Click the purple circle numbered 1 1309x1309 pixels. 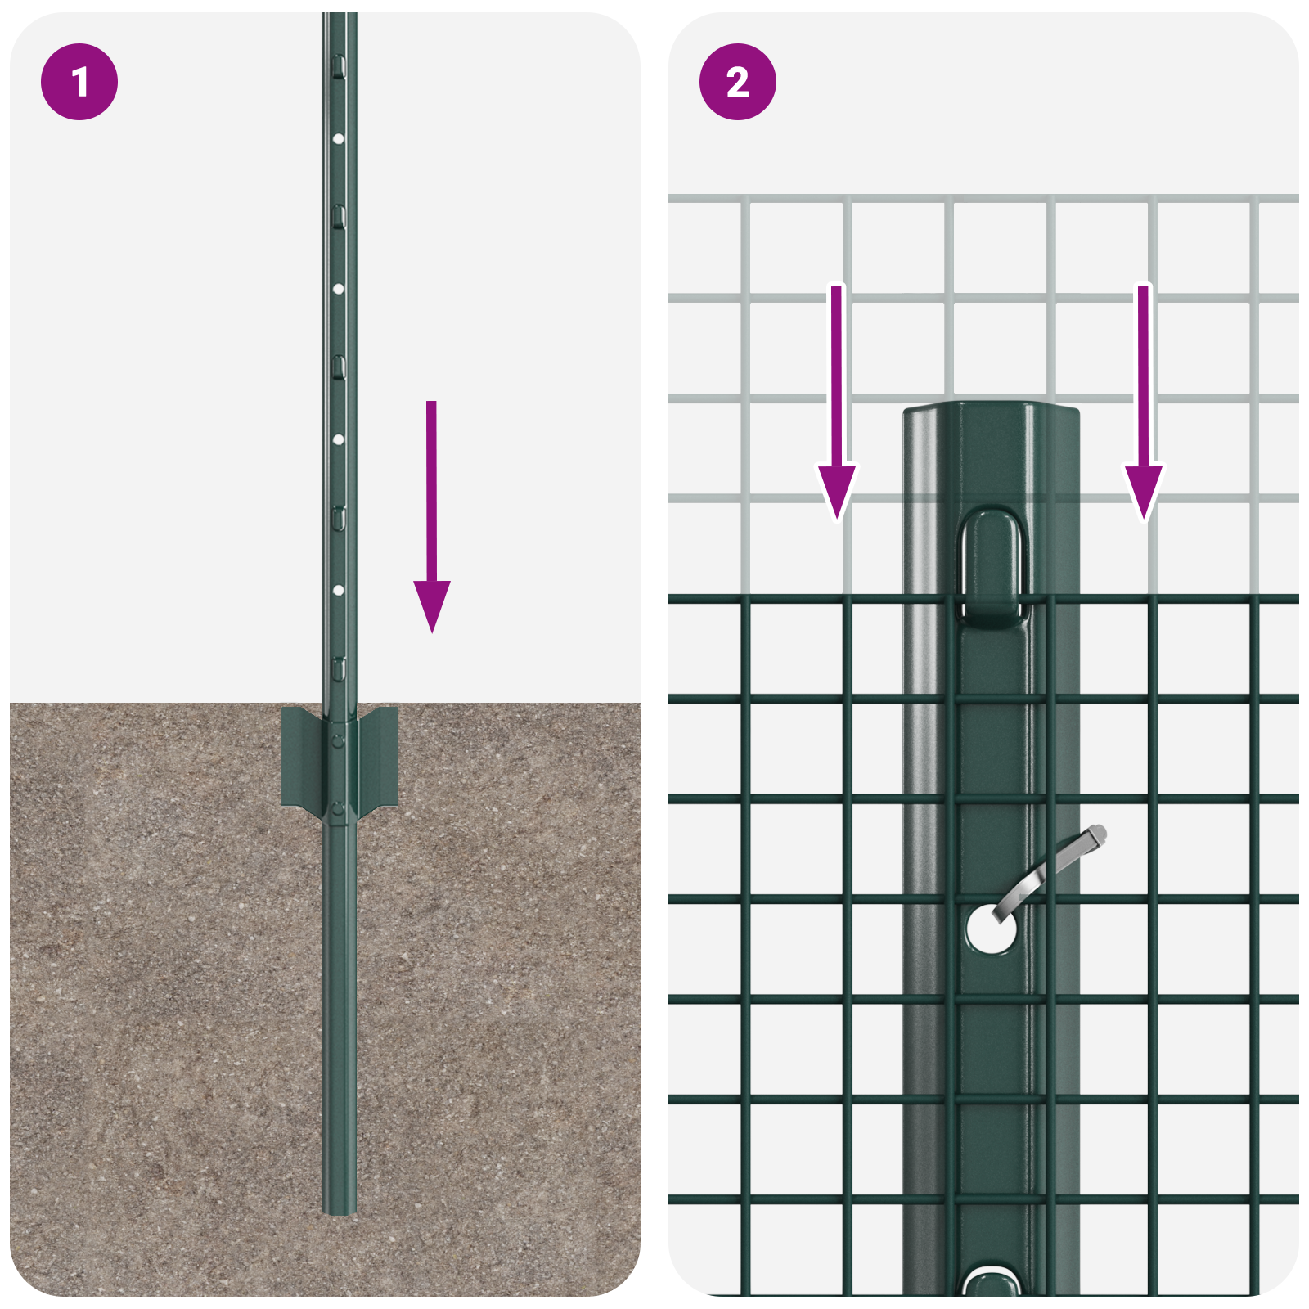point(79,82)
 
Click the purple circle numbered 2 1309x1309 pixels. point(737,82)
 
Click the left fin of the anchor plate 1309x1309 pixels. point(301,757)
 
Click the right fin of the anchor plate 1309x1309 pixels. point(378,757)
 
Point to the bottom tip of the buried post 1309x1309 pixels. point(339,1209)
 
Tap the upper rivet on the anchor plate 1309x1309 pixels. point(338,740)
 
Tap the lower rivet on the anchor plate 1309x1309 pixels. point(338,810)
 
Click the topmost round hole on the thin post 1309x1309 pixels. point(338,139)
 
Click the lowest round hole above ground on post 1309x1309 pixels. point(338,590)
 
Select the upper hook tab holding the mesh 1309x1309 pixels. point(992,565)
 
